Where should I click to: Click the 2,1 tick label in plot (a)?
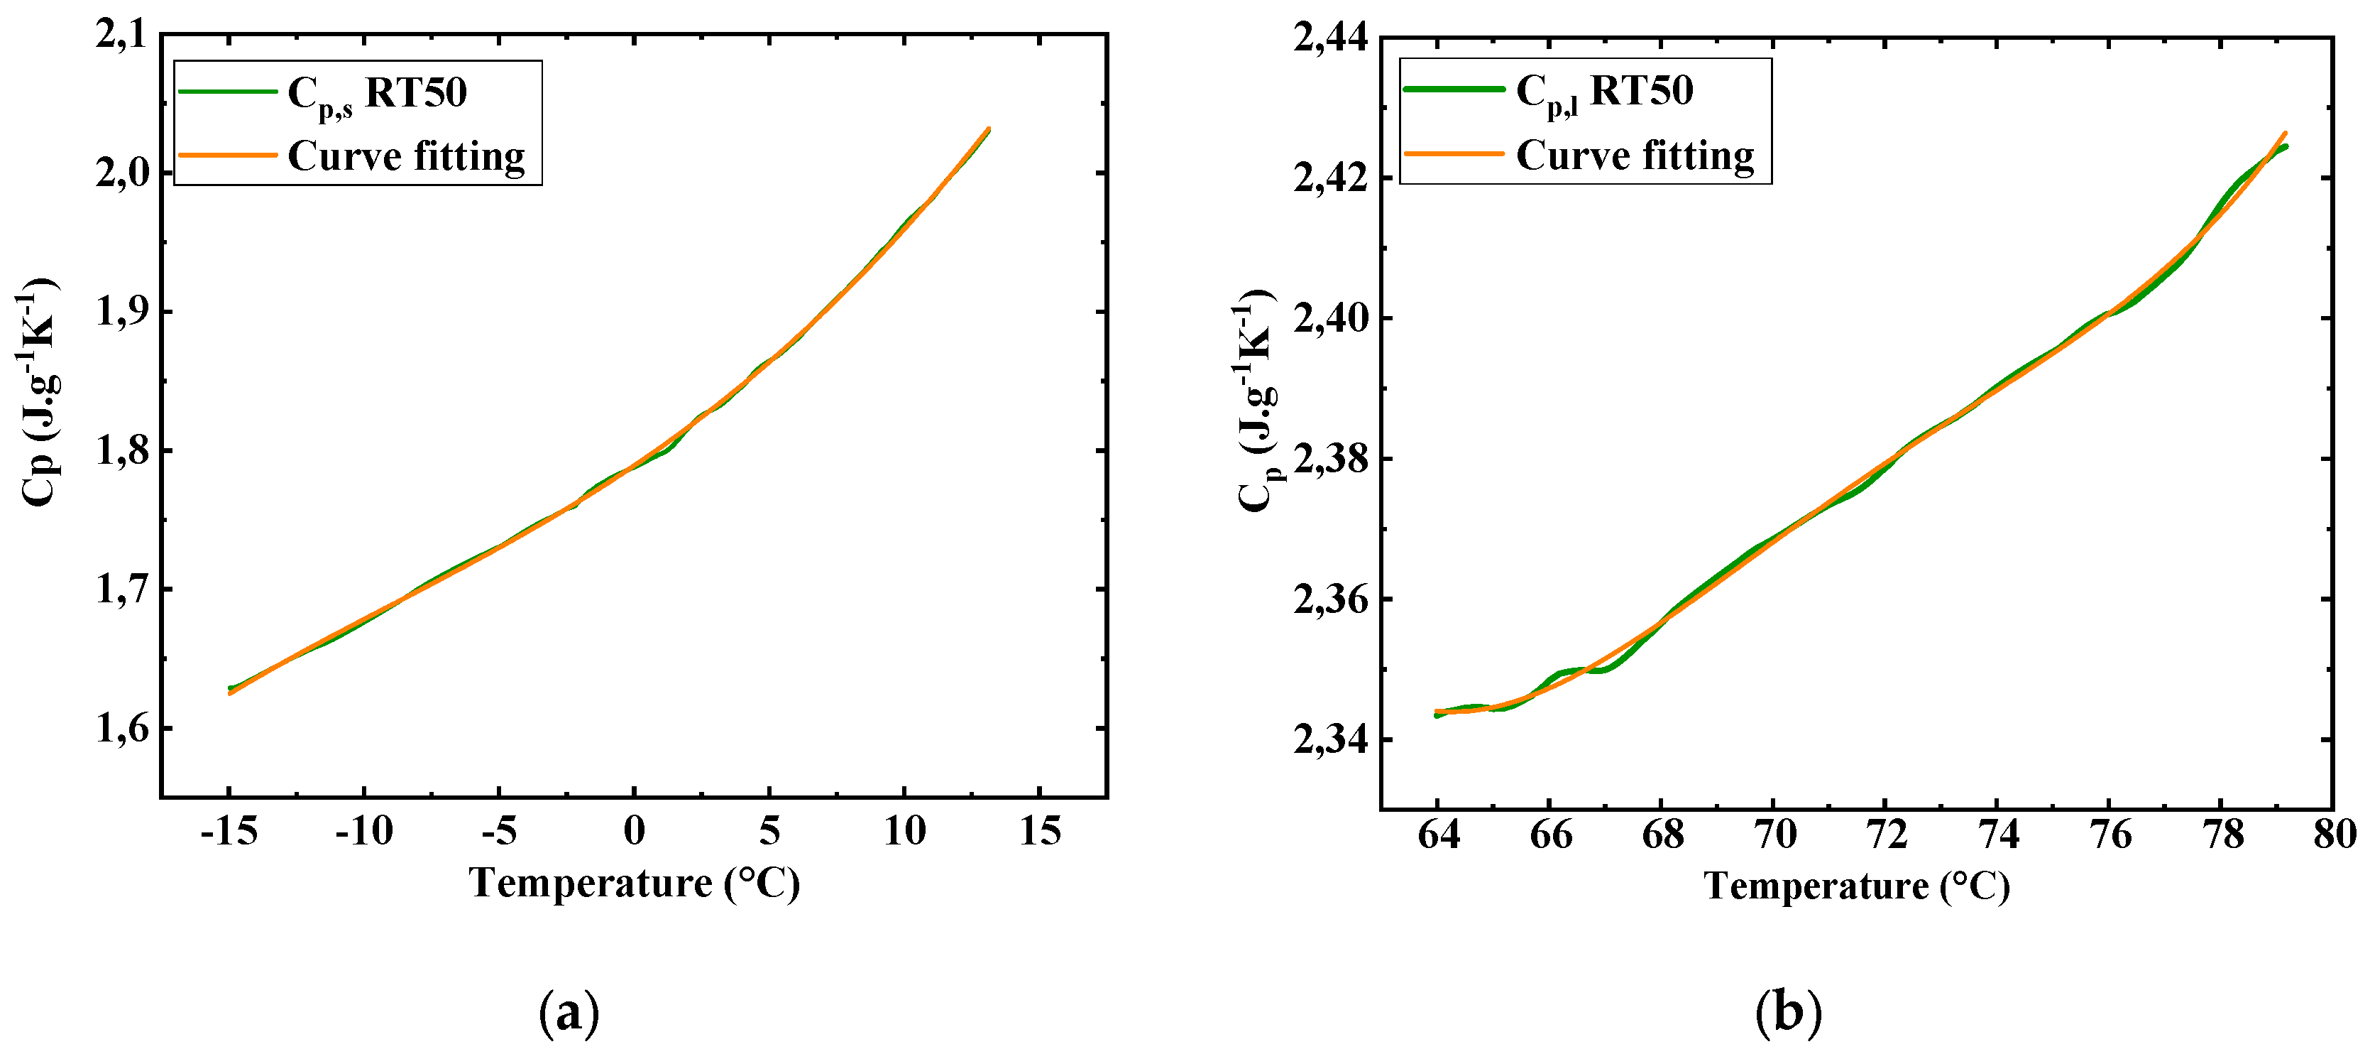(121, 35)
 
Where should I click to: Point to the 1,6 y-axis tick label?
(121, 729)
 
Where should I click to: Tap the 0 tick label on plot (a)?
(634, 831)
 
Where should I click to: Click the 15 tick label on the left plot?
(1040, 831)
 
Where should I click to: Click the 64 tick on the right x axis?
(1438, 835)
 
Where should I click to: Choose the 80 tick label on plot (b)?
(2334, 835)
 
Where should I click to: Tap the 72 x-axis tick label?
(1886, 835)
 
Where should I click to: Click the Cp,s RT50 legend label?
(377, 94)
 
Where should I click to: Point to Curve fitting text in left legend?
(406, 156)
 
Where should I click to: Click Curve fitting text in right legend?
(1635, 156)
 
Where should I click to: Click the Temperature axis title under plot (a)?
(634, 883)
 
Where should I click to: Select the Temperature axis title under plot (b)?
(1857, 886)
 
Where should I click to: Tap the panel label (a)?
(569, 1014)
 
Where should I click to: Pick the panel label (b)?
(1789, 1014)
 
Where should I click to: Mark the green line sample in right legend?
(1454, 89)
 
